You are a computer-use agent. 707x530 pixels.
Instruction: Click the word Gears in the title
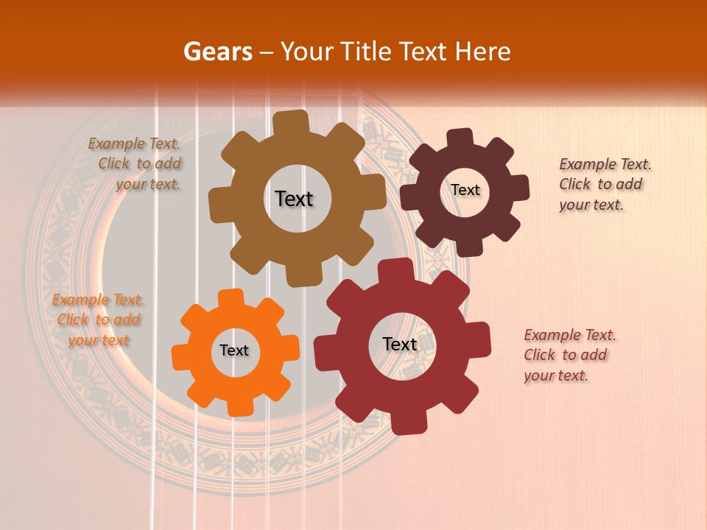217,52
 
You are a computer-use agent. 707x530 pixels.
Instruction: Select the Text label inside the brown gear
294,199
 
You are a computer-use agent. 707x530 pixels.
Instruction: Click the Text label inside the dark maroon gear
465,190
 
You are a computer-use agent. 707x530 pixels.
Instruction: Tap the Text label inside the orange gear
234,350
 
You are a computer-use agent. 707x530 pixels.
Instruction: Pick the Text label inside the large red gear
400,344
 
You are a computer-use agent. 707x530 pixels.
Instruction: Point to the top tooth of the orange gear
231,298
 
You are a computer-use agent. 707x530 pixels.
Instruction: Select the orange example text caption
98,320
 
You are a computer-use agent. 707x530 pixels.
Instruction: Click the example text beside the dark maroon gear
605,185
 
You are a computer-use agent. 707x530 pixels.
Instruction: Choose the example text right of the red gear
569,356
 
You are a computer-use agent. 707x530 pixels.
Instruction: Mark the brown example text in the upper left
136,164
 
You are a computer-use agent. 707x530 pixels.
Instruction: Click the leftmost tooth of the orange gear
180,356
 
